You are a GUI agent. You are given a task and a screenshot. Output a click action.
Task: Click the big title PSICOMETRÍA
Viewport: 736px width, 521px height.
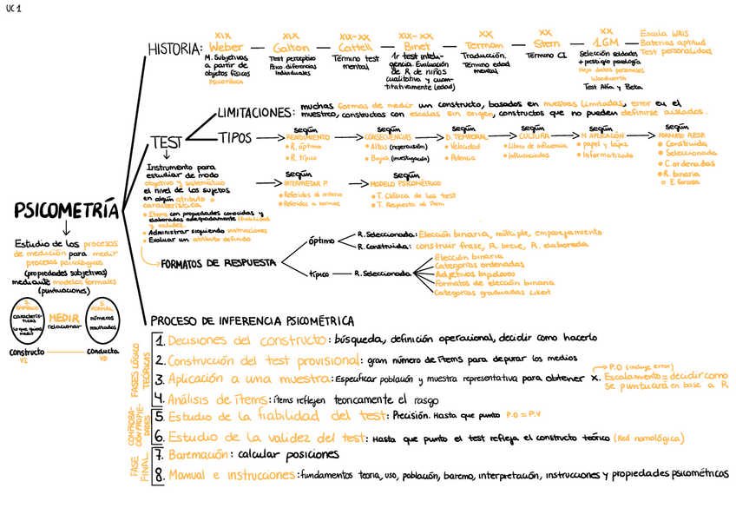[65, 211]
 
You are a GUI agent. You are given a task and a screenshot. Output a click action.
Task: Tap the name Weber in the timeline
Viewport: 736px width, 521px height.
[226, 46]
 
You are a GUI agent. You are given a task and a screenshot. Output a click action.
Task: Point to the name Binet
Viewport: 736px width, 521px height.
[417, 46]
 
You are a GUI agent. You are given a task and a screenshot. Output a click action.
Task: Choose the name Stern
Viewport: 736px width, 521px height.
[545, 43]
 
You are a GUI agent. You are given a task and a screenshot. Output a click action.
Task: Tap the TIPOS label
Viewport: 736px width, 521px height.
[235, 138]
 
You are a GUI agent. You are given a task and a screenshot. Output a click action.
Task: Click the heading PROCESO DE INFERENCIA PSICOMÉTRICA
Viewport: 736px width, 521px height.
[253, 320]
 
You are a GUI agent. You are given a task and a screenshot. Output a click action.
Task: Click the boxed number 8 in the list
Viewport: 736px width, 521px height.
[160, 475]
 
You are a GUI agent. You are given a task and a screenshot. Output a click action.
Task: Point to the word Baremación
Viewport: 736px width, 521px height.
[197, 455]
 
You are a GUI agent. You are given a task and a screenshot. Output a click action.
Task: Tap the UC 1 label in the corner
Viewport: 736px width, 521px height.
[14, 8]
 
